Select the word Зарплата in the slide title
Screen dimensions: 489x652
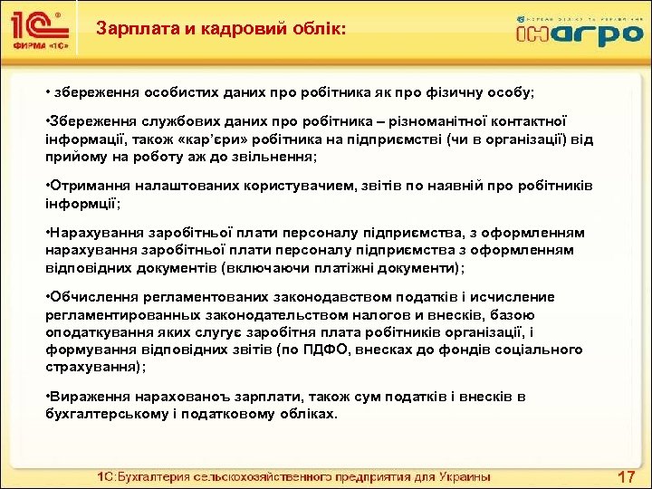[135, 30]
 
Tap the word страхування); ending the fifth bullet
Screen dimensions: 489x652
[94, 367]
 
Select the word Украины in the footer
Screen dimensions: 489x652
[462, 476]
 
